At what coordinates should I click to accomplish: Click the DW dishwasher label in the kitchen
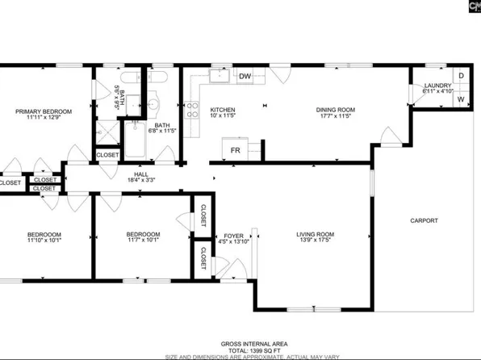246,77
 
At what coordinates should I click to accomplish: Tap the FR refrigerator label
236,149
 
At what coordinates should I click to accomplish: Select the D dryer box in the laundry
460,76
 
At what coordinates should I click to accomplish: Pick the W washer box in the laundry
460,99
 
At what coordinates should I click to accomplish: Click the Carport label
424,220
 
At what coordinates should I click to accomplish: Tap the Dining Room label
336,110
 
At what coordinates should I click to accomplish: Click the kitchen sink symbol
218,77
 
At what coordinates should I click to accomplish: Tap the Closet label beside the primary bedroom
107,155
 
